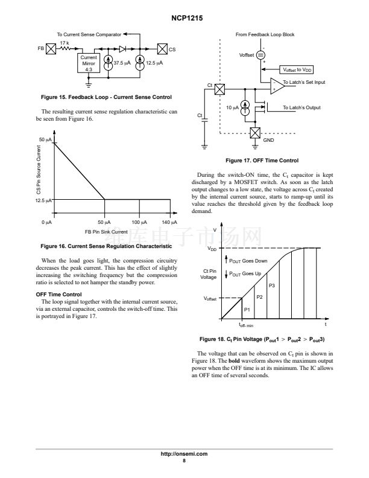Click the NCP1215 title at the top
point(184,19)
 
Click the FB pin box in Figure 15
point(51,49)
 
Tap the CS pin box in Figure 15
point(162,49)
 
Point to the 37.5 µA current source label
point(122,63)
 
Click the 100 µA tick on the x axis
point(140,223)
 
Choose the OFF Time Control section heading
point(59,294)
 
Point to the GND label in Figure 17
point(269,139)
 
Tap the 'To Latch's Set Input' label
point(304,82)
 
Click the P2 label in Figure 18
point(260,296)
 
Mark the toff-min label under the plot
point(245,325)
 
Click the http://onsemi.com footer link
point(184,453)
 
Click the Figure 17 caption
point(262,161)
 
